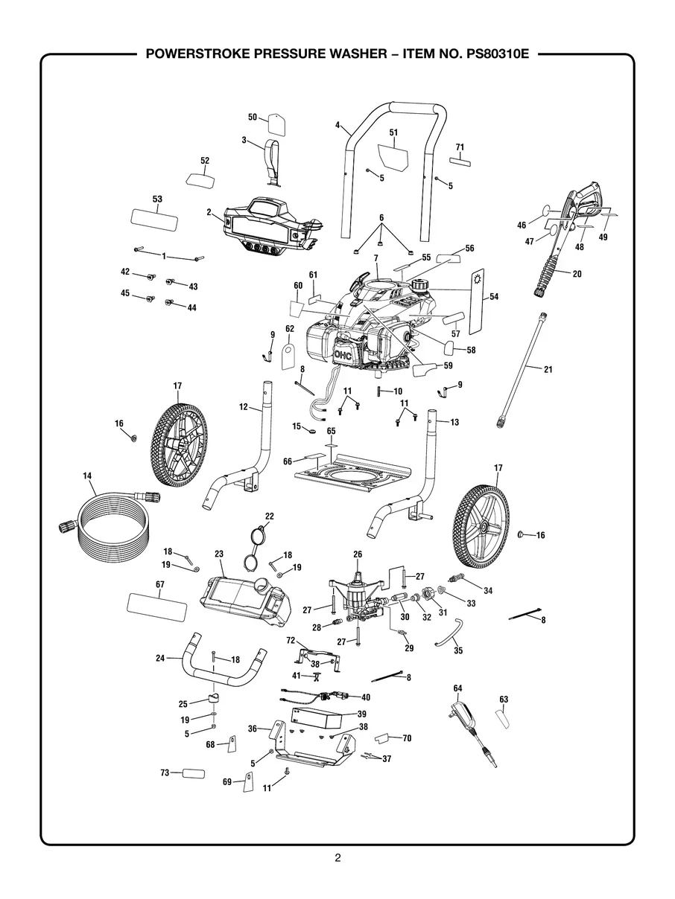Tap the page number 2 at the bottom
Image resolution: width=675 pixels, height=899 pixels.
tap(337, 858)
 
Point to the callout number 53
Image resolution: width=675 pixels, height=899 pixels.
tap(157, 199)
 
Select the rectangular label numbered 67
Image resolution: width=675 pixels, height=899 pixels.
tap(157, 603)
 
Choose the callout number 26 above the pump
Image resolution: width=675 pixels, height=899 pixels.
tap(358, 554)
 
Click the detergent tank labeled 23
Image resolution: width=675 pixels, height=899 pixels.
tap(242, 598)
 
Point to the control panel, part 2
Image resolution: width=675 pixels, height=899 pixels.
tap(264, 227)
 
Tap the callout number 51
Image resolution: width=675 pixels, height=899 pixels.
tap(393, 132)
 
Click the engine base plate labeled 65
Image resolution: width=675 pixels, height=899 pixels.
tap(354, 476)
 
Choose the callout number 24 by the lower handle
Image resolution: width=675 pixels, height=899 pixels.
tap(159, 658)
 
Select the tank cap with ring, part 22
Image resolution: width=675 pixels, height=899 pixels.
tap(258, 547)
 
